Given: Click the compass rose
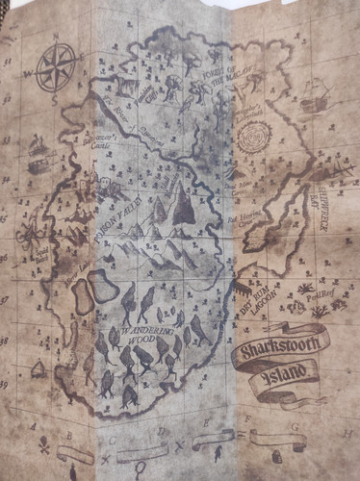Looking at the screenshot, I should click(x=57, y=68).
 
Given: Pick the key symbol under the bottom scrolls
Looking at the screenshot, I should click(x=141, y=469).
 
